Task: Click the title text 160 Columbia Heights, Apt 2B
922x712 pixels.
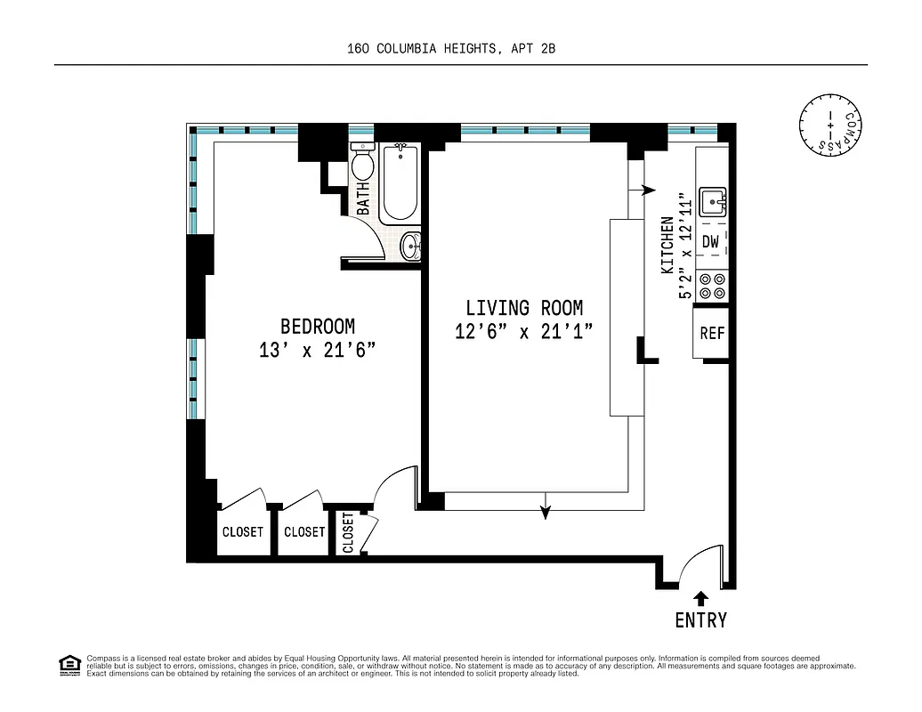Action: tap(451, 50)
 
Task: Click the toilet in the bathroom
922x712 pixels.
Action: tap(362, 164)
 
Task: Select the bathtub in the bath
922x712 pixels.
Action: tap(400, 183)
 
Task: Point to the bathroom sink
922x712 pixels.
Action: tap(410, 247)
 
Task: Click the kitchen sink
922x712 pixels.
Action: tap(713, 202)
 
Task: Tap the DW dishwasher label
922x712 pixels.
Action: tap(710, 241)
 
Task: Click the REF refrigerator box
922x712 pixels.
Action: tap(712, 334)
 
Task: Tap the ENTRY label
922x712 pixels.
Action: tap(700, 620)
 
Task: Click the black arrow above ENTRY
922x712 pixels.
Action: tap(701, 597)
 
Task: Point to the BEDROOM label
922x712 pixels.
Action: tap(318, 327)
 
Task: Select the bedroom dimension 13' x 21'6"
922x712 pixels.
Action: tap(318, 351)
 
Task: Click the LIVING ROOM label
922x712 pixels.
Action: tap(524, 308)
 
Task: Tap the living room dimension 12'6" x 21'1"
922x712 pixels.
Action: tap(523, 332)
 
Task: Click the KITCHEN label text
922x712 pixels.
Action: tap(667, 245)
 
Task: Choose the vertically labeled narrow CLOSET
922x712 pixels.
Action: tap(348, 532)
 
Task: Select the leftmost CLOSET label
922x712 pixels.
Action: tap(242, 532)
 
